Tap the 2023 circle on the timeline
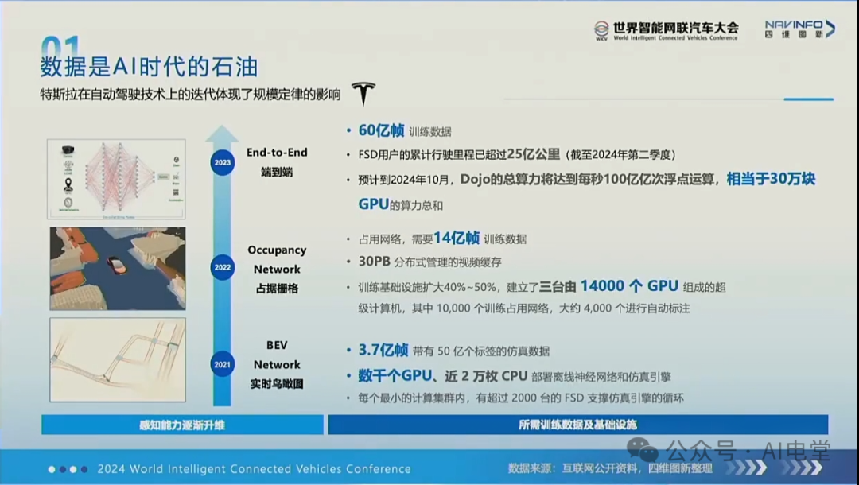(223, 163)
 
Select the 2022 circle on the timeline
(223, 267)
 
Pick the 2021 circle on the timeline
(223, 365)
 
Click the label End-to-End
(277, 153)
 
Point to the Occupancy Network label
(277, 259)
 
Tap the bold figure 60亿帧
(382, 130)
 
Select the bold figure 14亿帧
(457, 238)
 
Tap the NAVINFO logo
(799, 29)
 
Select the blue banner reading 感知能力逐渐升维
(182, 425)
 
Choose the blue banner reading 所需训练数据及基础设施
(577, 425)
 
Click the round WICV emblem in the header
(601, 29)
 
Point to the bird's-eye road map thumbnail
(118, 359)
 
